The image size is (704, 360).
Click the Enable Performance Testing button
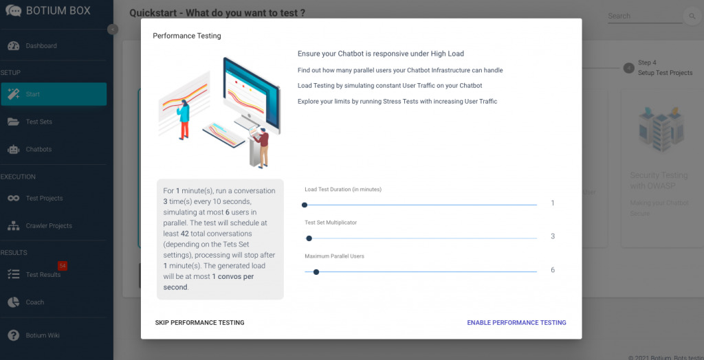click(516, 322)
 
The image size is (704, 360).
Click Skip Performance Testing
click(199, 322)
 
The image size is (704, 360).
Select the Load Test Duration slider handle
click(305, 204)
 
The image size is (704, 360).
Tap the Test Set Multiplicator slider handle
click(309, 238)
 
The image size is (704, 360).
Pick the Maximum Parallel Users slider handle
click(316, 271)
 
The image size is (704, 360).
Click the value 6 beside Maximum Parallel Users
click(552, 270)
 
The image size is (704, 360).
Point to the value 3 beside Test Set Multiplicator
click(552, 236)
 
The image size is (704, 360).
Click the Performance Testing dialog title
click(187, 36)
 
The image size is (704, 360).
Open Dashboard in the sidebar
click(41, 46)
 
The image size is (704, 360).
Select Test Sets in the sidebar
click(39, 122)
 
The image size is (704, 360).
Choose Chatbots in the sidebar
click(38, 149)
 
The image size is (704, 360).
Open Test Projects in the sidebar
click(44, 199)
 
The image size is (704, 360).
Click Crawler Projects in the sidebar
click(49, 226)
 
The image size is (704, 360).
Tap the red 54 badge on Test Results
click(63, 265)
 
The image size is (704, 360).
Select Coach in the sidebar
click(34, 302)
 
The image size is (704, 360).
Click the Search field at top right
click(643, 16)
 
